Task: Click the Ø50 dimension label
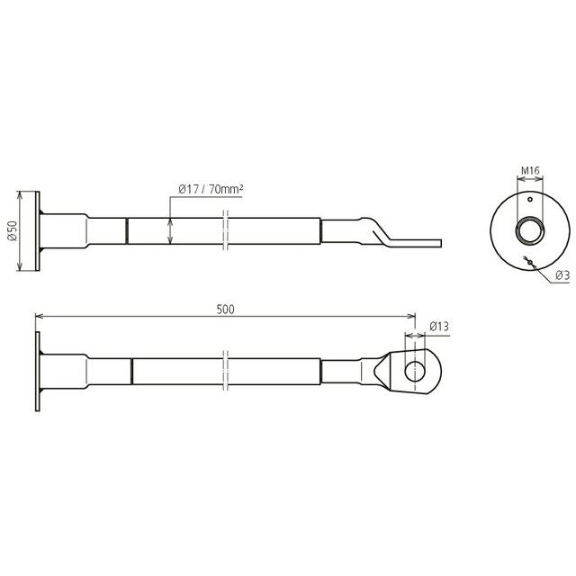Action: point(12,230)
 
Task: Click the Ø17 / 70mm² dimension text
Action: point(211,189)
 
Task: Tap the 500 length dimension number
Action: point(225,310)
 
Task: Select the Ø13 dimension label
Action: point(439,326)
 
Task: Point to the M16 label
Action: point(530,170)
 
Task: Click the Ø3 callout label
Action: point(562,275)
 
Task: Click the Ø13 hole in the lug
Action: point(415,371)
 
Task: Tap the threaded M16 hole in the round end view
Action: point(530,231)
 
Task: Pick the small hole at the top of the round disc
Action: point(530,199)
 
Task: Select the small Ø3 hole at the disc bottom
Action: point(530,262)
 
